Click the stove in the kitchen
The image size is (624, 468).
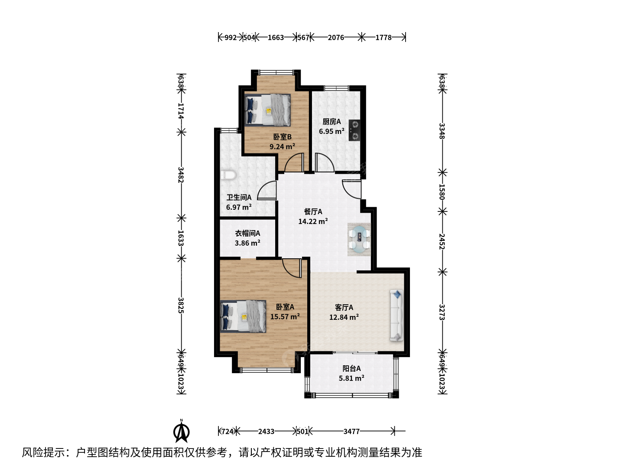tap(354, 130)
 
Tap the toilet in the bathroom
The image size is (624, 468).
tap(228, 175)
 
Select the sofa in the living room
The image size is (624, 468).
tap(396, 315)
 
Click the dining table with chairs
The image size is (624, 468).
tap(359, 239)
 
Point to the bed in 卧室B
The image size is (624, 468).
tap(267, 110)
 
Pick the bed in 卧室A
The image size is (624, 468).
tap(243, 316)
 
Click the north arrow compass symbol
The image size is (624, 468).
tap(182, 431)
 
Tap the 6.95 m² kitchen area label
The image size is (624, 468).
tap(331, 131)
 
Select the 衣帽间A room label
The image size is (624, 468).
tap(247, 233)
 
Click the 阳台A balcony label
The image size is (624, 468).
tap(351, 368)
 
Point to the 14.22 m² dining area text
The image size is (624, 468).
tap(313, 221)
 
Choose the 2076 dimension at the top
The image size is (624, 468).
tap(336, 38)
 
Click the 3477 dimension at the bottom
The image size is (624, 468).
tap(351, 432)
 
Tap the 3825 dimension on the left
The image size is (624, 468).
tap(181, 305)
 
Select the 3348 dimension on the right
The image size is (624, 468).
tap(442, 131)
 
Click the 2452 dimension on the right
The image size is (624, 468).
tap(442, 241)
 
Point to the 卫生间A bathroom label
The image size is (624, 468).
tap(239, 197)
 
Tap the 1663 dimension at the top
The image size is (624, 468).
tap(276, 38)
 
